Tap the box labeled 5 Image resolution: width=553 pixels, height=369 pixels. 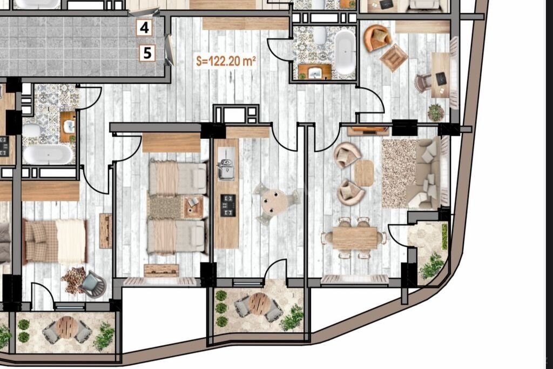pyautogui.click(x=147, y=53)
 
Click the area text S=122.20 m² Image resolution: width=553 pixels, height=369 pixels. pyautogui.click(x=226, y=61)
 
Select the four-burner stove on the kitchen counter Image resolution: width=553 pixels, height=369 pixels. pyautogui.click(x=228, y=205)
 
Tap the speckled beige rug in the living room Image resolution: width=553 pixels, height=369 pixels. pyautogui.click(x=399, y=173)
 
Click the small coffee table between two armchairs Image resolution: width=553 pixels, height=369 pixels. pyautogui.click(x=363, y=173)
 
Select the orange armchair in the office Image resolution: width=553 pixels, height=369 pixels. pyautogui.click(x=377, y=37)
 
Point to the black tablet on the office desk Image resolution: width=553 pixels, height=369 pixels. pyautogui.click(x=441, y=78)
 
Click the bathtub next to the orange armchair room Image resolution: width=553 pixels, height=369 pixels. pyautogui.click(x=345, y=52)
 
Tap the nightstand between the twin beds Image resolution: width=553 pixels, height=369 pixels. pyautogui.click(x=193, y=207)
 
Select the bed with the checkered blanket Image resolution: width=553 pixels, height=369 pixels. pyautogui.click(x=55, y=241)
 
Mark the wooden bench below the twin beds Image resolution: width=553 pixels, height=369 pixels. pyautogui.click(x=161, y=270)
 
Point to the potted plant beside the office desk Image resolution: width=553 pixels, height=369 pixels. pyautogui.click(x=436, y=112)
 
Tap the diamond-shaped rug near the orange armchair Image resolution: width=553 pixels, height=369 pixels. pyautogui.click(x=394, y=57)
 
